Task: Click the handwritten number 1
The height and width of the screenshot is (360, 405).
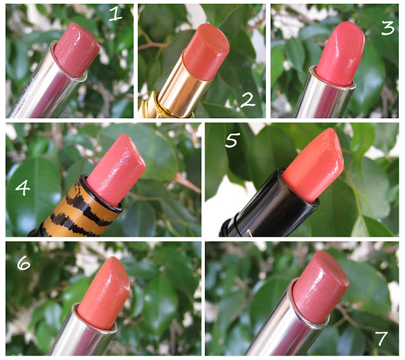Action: [115, 14]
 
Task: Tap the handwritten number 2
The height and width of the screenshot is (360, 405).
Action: [247, 100]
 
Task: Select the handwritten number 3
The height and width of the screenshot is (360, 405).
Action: [388, 28]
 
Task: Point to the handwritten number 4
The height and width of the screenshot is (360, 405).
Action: [23, 187]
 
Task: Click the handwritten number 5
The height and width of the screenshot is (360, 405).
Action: [232, 140]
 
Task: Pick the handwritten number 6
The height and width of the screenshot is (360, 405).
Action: [23, 263]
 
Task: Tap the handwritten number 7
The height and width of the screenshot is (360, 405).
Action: [382, 338]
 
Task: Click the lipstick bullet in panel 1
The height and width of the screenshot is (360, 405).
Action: [77, 50]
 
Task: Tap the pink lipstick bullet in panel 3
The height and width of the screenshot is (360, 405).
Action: [340, 54]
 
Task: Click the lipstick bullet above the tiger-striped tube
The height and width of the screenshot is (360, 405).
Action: [116, 170]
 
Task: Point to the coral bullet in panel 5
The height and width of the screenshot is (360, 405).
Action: [313, 164]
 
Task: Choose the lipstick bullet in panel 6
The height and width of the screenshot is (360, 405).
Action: [104, 293]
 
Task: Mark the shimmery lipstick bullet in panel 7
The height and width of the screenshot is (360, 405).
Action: [320, 287]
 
